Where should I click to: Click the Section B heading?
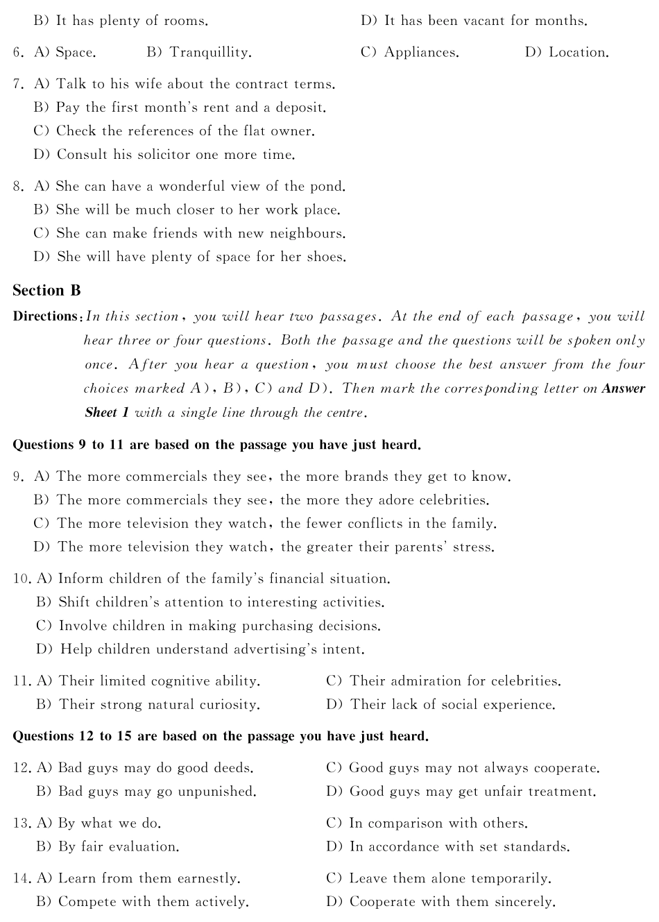pos(46,291)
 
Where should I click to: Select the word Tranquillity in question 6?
pos(210,53)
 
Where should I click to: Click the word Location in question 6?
pos(579,53)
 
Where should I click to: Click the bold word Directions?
pos(46,316)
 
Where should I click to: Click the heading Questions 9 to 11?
pos(216,445)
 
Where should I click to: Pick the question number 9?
pos(19,477)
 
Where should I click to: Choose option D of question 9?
pos(264,547)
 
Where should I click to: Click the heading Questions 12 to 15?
pos(220,736)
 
